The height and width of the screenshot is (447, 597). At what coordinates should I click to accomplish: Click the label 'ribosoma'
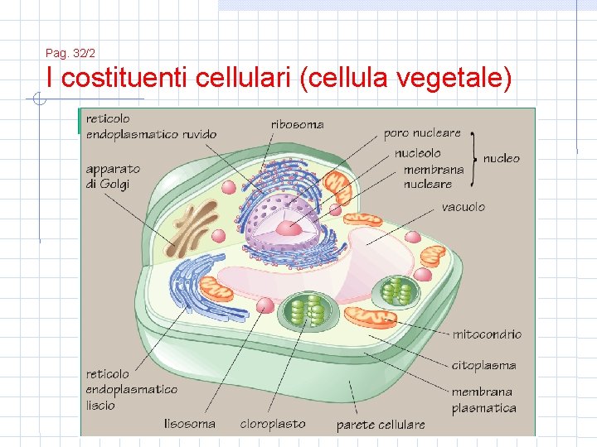[297, 125]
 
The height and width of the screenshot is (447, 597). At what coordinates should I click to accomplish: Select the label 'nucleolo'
[417, 154]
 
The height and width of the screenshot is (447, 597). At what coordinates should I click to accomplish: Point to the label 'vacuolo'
[463, 207]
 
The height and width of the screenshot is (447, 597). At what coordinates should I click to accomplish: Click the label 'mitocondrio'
[487, 334]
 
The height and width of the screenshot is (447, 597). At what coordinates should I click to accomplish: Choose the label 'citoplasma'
[483, 365]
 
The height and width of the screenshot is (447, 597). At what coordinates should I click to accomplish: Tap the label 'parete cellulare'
[381, 425]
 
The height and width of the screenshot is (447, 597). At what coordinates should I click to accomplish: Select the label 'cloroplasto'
[272, 424]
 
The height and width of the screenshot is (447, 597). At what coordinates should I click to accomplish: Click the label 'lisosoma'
[190, 424]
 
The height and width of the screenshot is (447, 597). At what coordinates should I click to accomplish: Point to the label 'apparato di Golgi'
[113, 176]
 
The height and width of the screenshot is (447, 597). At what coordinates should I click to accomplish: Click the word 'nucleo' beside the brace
[501, 158]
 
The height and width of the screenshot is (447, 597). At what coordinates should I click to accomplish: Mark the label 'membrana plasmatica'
[483, 400]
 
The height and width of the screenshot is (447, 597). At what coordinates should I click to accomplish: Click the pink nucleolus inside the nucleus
[288, 228]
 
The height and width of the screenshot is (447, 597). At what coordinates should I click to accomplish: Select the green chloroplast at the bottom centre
[308, 311]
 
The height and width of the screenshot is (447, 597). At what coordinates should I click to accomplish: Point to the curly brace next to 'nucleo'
[474, 157]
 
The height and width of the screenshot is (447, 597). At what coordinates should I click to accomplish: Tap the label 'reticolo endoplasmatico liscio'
[131, 390]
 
